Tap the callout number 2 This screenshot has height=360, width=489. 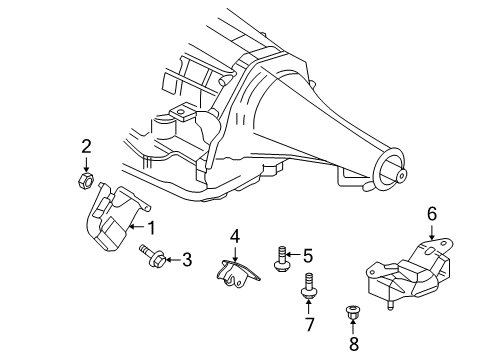pos(87,146)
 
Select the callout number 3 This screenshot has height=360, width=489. pos(187,260)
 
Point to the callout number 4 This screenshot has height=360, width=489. pos(236,236)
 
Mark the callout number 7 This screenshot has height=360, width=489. pos(308,325)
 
